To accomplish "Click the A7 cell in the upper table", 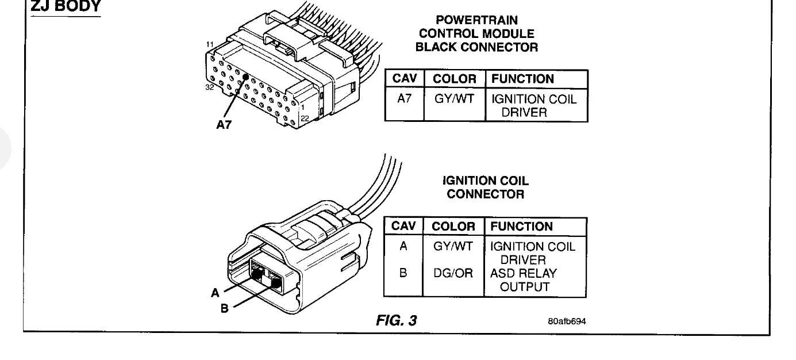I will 403,99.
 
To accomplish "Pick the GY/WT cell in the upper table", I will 453,99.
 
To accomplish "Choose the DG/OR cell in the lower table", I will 453,274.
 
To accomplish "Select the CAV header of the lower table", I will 403,227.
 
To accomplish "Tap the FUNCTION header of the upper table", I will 522,79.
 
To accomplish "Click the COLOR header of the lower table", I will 453,227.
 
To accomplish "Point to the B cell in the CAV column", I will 403,274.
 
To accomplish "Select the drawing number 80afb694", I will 567,321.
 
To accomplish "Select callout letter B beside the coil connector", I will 225,308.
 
